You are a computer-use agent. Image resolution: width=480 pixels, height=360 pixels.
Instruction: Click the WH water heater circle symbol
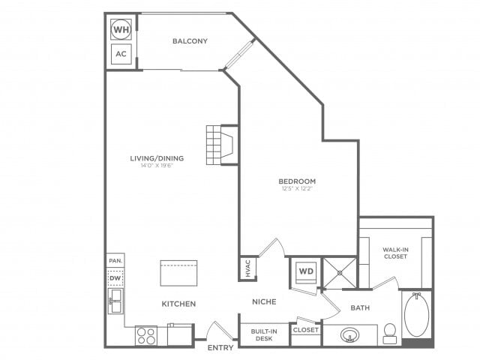point(121,30)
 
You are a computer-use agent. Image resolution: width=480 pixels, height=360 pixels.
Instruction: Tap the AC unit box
point(121,54)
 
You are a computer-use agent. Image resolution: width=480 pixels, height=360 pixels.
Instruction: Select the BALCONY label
point(189,41)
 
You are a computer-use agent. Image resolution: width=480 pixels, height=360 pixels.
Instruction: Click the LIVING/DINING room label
point(156,158)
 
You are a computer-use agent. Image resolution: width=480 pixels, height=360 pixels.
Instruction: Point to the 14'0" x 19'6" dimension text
point(156,166)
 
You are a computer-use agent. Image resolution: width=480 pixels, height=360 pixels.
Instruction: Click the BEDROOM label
point(297,181)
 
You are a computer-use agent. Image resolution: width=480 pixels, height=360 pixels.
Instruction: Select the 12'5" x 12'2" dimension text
point(297,188)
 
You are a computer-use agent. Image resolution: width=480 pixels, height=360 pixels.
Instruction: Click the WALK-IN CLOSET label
point(395,253)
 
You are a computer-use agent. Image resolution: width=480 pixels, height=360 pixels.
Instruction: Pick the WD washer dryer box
point(306,270)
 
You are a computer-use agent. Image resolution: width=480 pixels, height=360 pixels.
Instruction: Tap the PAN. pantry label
point(115,260)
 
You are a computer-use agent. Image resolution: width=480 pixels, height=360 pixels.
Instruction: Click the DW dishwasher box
point(115,278)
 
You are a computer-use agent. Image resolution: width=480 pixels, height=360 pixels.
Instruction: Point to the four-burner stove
point(145,335)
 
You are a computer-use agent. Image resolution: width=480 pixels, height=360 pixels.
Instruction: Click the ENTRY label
point(221,347)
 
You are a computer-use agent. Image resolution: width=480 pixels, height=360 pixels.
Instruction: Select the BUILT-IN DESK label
point(264,334)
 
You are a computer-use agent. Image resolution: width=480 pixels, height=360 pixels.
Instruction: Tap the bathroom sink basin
point(350,334)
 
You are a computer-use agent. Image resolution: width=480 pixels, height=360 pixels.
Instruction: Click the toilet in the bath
point(390,331)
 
